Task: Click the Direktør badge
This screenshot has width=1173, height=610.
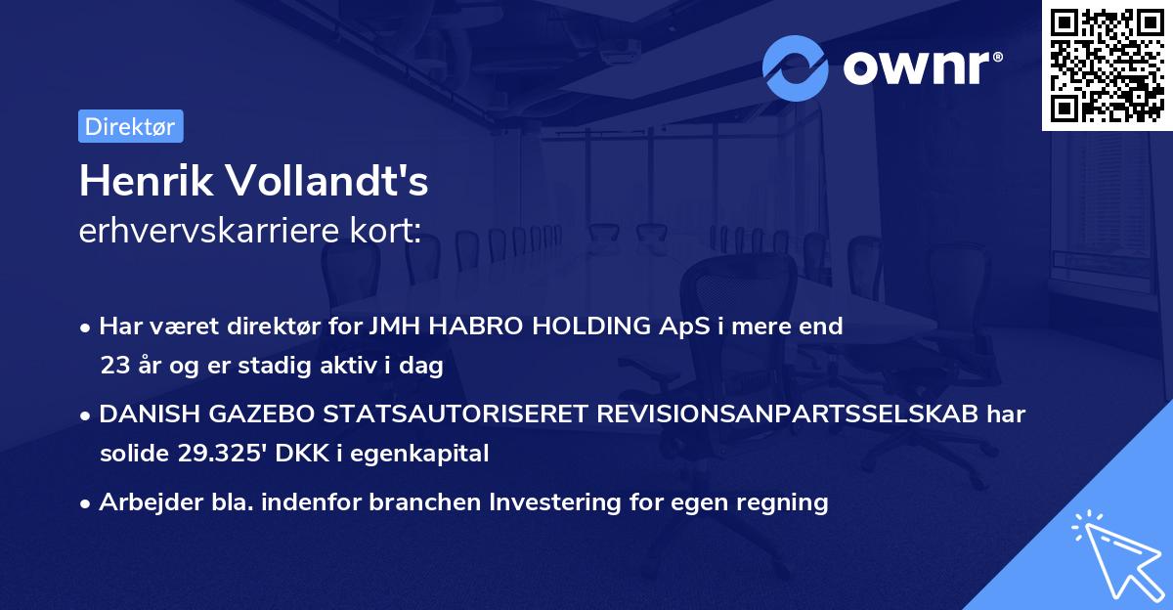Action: [x=130, y=126]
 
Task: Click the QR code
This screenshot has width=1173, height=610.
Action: [x=1108, y=65]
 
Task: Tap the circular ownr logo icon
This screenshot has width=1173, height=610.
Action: [x=796, y=67]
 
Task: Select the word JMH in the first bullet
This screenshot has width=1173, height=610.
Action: [x=399, y=327]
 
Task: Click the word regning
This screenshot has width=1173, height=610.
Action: [x=784, y=502]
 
